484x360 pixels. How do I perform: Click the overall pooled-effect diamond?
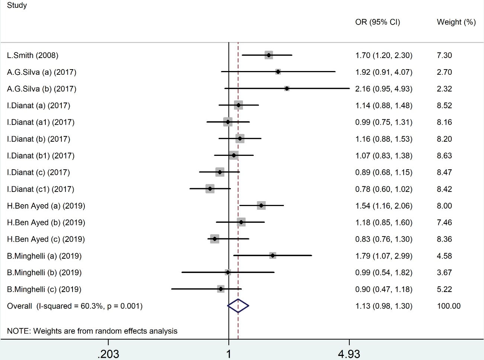tap(238, 306)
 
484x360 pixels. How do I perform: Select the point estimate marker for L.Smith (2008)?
tap(269, 55)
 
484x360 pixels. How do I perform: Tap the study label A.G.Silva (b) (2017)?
tap(42, 89)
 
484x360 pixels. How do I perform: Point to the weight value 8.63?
tap(444, 155)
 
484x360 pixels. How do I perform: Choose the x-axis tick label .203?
tap(108, 354)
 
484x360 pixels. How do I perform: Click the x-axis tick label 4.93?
tap(349, 354)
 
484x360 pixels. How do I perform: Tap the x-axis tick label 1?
tap(228, 354)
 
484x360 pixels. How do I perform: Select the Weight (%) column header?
tap(456, 22)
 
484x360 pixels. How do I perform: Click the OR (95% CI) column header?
tap(378, 22)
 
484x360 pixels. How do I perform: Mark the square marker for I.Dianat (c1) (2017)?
tap(210, 189)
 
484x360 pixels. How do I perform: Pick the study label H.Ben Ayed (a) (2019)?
tap(46, 206)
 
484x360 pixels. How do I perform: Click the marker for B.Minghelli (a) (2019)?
tap(273, 255)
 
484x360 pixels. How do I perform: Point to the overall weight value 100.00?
tap(449, 306)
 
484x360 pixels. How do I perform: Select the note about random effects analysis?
tap(92, 331)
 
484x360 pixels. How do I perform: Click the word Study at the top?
tap(17, 6)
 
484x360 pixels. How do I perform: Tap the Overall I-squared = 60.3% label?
tap(75, 306)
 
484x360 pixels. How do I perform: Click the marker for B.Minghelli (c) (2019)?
tap(221, 289)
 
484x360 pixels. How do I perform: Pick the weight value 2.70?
tap(444, 72)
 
